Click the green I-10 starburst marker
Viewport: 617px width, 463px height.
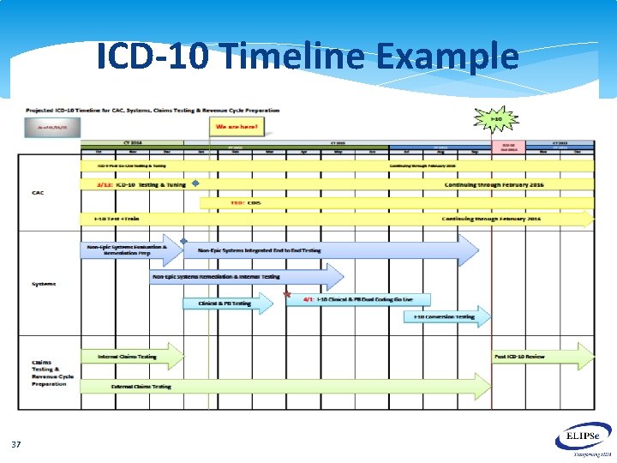click(495, 119)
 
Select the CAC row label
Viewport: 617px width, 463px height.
click(38, 193)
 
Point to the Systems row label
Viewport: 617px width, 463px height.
click(45, 283)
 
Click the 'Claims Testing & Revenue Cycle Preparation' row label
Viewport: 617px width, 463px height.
click(52, 373)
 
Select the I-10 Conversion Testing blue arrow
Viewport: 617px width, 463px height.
click(446, 317)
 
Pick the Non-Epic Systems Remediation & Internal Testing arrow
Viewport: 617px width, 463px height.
click(244, 277)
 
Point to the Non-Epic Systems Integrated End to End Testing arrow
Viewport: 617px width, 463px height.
click(330, 250)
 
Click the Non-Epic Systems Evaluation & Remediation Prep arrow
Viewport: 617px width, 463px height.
click(133, 250)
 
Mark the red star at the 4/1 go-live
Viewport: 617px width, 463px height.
click(287, 296)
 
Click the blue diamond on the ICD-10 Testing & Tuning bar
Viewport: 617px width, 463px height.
click(195, 183)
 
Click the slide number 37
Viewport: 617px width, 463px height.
click(16, 444)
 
